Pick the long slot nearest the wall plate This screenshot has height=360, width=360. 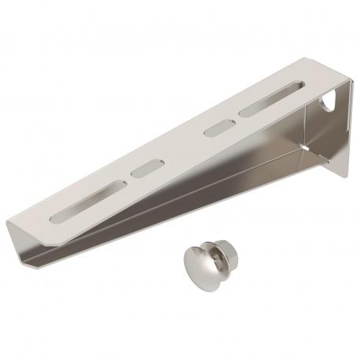coord(269,100)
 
